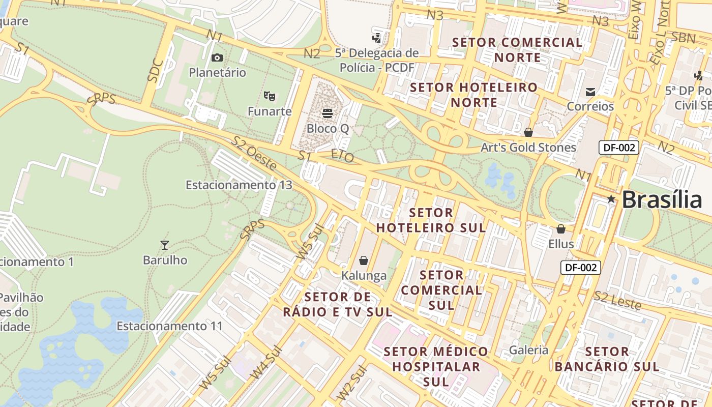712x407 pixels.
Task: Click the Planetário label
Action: [217, 73]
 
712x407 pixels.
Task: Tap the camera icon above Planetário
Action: [217, 57]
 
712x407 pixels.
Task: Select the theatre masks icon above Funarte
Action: [270, 96]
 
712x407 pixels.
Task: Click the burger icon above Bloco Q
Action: [328, 113]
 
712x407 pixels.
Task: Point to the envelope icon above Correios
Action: [590, 92]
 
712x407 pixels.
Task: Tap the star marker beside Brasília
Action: [611, 199]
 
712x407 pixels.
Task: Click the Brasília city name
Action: [662, 199]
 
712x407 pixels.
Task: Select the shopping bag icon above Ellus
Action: [561, 229]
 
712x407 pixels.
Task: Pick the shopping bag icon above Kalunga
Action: [364, 260]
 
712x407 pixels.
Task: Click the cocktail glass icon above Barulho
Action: [165, 245]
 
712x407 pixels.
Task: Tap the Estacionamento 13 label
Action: [239, 185]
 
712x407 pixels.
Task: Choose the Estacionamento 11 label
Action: [170, 326]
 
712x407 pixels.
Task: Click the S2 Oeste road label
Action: [254, 153]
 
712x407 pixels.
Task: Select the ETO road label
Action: [342, 156]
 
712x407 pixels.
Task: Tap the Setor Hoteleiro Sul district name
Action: [431, 220]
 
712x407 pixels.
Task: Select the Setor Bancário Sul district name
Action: [607, 359]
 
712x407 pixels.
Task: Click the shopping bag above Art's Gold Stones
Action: [528, 132]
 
